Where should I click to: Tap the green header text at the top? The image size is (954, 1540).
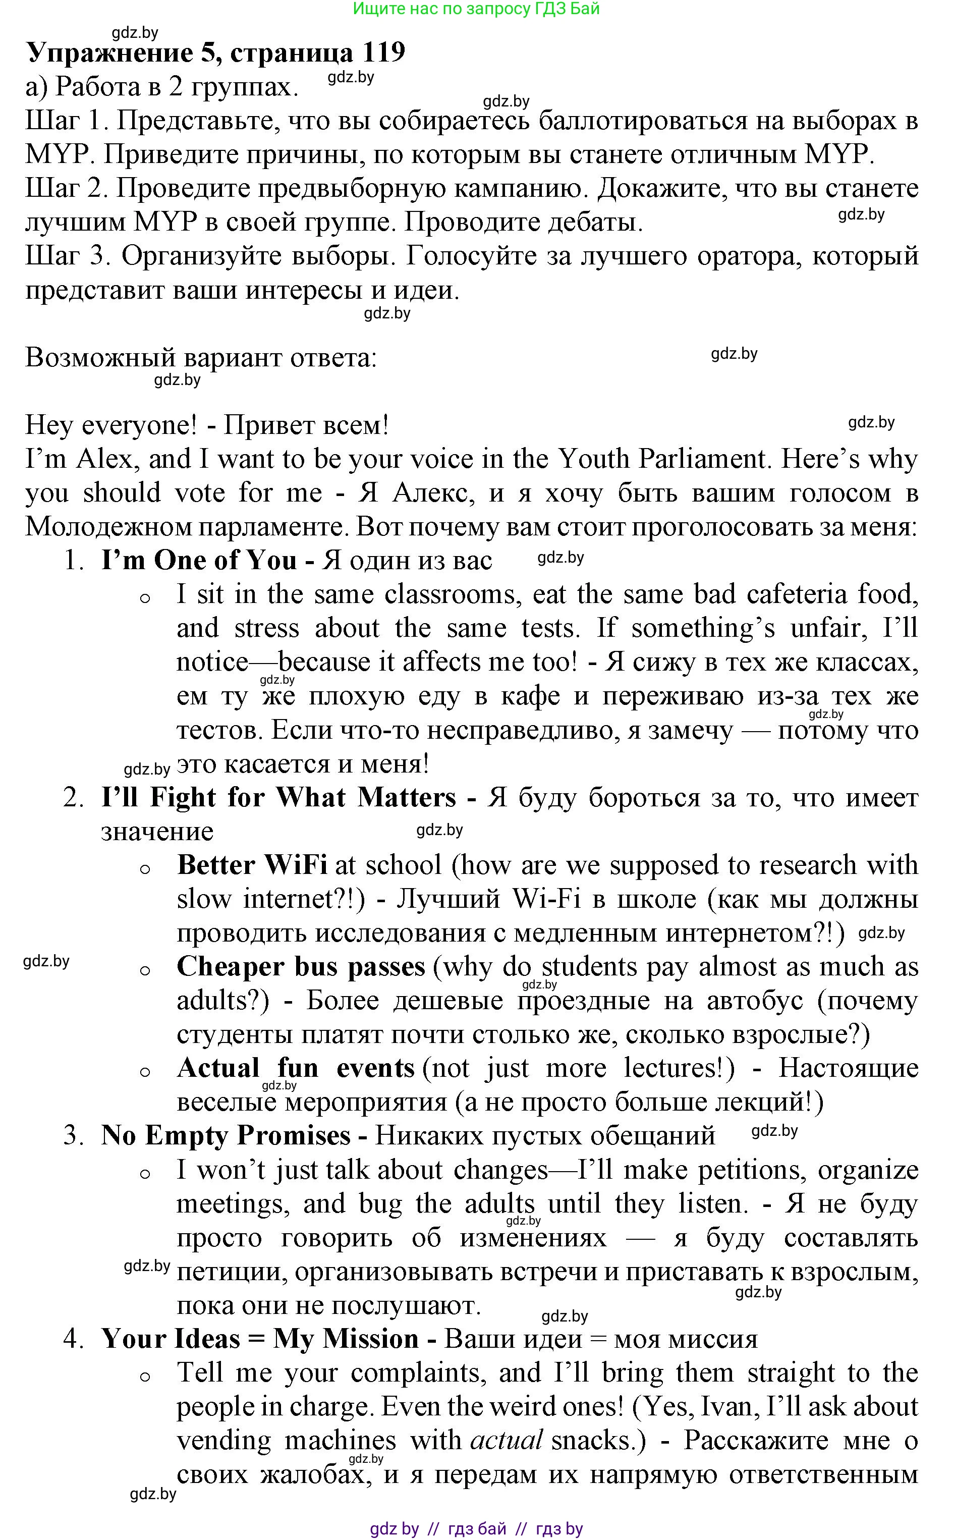click(x=476, y=9)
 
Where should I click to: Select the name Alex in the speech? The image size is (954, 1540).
click(x=105, y=459)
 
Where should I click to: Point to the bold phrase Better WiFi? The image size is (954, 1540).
click(x=252, y=865)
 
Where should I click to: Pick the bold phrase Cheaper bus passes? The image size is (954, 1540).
click(x=301, y=966)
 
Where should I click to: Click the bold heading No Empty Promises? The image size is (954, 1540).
click(x=225, y=1136)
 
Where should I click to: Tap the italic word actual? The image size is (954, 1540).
click(x=506, y=1440)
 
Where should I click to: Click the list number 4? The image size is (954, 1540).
click(x=73, y=1339)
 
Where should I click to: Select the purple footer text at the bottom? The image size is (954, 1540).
click(x=476, y=1528)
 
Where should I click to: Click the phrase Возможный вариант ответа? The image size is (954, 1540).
click(x=201, y=358)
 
